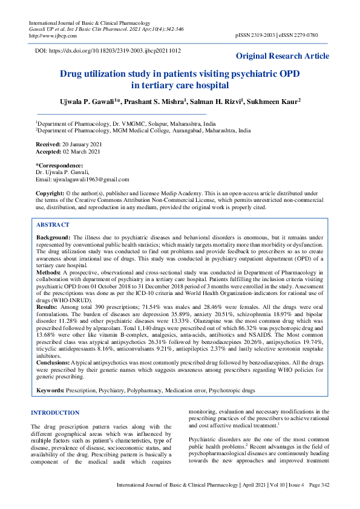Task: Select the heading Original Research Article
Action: coord(283,56)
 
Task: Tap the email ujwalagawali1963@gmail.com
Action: coord(91,180)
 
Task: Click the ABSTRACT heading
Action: coord(53,225)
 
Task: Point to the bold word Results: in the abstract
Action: coord(48,307)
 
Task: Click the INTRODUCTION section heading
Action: coord(55,413)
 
